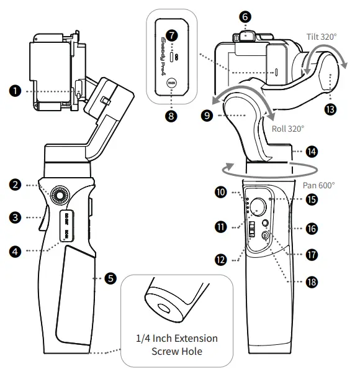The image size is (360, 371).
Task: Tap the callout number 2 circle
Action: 16,185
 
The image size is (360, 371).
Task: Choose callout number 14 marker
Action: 312,151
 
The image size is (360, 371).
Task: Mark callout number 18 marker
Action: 312,282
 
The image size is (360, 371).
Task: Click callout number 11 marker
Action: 221,227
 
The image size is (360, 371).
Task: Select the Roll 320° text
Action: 288,129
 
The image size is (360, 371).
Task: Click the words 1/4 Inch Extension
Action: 177,339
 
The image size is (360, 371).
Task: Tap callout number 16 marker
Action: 312,228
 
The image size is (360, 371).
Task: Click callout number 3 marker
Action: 16,218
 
